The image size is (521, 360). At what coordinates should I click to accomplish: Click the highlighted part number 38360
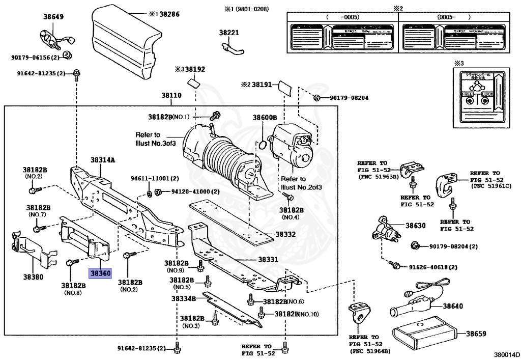[x=100, y=273]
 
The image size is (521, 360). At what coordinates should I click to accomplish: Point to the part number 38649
[x=53, y=17]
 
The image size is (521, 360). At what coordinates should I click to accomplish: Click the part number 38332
[x=285, y=235]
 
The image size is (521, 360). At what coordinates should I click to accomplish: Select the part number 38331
[x=268, y=259]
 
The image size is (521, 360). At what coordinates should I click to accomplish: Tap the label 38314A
[x=103, y=160]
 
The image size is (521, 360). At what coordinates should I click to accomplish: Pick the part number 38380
[x=32, y=278]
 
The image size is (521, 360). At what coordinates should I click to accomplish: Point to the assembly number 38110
[x=171, y=95]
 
